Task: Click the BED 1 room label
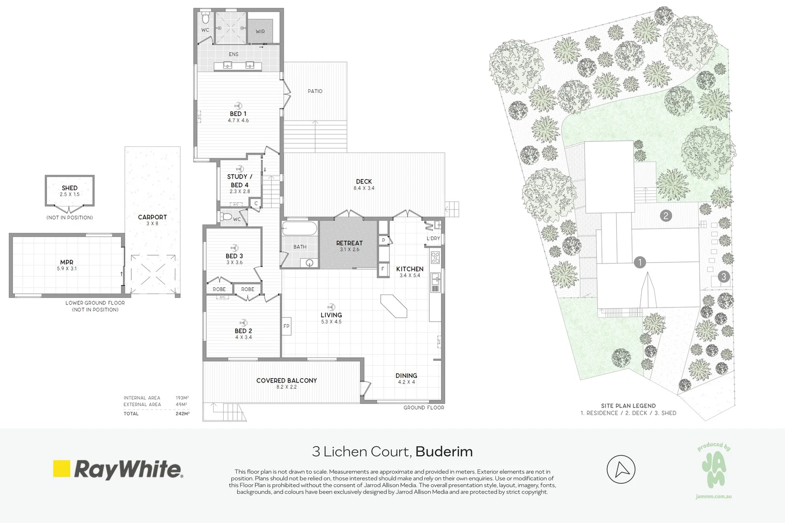click(238, 114)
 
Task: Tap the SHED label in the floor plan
click(70, 188)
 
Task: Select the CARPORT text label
click(152, 217)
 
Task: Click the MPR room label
click(67, 262)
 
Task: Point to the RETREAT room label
click(349, 243)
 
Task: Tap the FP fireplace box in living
click(286, 326)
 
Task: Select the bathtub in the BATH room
click(300, 229)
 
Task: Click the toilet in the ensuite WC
click(205, 19)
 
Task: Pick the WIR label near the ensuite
click(261, 31)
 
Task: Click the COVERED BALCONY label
click(287, 381)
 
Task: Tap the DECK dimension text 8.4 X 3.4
click(364, 188)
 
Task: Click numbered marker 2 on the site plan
click(666, 216)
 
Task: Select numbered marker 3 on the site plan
click(723, 277)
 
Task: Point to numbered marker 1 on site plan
click(640, 262)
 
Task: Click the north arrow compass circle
click(621, 469)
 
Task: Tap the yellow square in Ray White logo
click(62, 469)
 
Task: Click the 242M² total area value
click(183, 414)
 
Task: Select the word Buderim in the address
click(444, 452)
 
